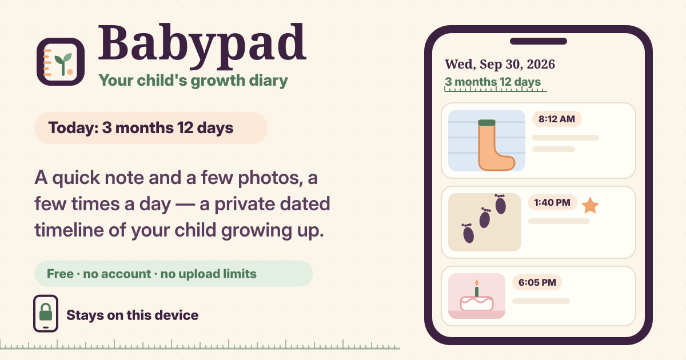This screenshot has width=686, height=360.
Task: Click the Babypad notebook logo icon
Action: [x=61, y=62]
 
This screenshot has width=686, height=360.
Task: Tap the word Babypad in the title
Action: [x=202, y=43]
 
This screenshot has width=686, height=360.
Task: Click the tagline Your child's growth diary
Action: [x=193, y=81]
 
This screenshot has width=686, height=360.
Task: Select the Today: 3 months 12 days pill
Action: [x=151, y=128]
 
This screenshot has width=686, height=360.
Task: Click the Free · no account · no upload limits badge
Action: [x=173, y=274]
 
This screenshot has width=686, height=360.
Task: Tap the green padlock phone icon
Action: [x=46, y=314]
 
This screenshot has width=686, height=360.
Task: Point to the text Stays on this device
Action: [x=132, y=315]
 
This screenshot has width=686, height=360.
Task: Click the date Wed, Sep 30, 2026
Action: [x=500, y=65]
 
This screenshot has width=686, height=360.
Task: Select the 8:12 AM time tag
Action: [x=557, y=119]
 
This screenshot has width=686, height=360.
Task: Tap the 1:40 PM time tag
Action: [x=552, y=202]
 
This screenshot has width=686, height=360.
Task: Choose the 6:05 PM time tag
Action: [x=537, y=282]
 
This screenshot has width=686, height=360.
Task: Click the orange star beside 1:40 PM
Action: [x=590, y=205]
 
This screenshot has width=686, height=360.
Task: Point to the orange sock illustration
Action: [x=496, y=145]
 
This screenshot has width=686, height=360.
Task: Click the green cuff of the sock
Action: [x=486, y=122]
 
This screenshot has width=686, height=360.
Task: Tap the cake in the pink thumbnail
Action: [x=477, y=303]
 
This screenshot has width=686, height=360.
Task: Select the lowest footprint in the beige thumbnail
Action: [x=468, y=234]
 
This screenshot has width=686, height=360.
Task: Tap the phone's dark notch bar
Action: [x=539, y=41]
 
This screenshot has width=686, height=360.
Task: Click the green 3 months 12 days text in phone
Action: [x=493, y=82]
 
